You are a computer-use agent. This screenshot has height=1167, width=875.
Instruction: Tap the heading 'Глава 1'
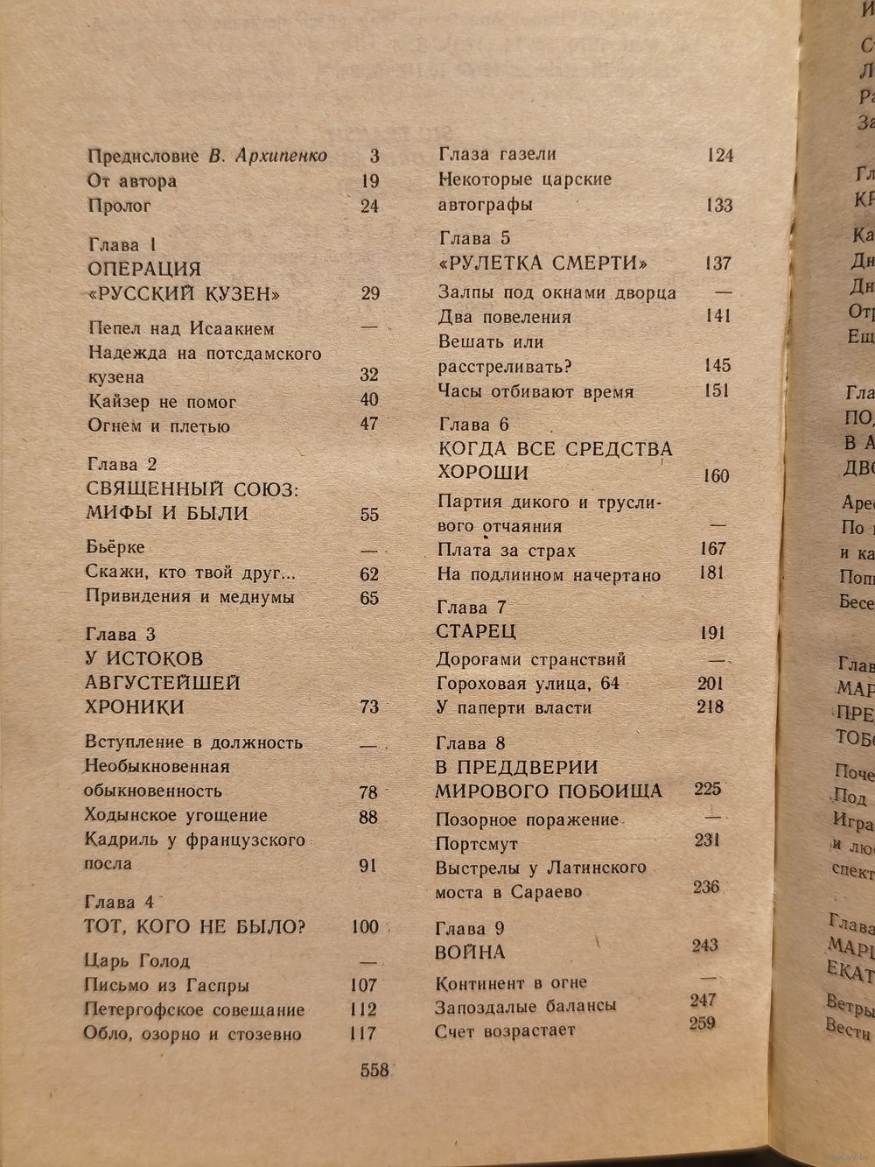click(122, 245)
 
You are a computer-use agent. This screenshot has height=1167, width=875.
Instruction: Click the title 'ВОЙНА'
click(471, 952)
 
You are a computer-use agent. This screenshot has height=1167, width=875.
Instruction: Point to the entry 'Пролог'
click(120, 206)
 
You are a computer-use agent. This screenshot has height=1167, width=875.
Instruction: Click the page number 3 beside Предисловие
click(374, 156)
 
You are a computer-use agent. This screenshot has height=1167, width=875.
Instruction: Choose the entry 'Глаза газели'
click(497, 154)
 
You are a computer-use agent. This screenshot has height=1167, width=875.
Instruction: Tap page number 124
click(719, 156)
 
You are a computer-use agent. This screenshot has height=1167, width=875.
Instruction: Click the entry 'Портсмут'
click(477, 844)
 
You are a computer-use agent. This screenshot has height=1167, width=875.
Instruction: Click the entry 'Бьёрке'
click(115, 547)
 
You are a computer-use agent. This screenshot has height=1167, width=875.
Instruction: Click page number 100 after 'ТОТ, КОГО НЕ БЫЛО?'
click(365, 927)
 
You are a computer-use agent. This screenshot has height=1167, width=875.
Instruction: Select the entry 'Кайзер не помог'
click(162, 402)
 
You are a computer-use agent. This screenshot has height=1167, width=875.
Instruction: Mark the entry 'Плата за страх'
click(507, 551)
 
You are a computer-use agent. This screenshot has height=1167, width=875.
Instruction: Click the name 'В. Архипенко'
click(268, 157)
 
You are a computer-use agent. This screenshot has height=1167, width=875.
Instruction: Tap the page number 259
click(703, 1023)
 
